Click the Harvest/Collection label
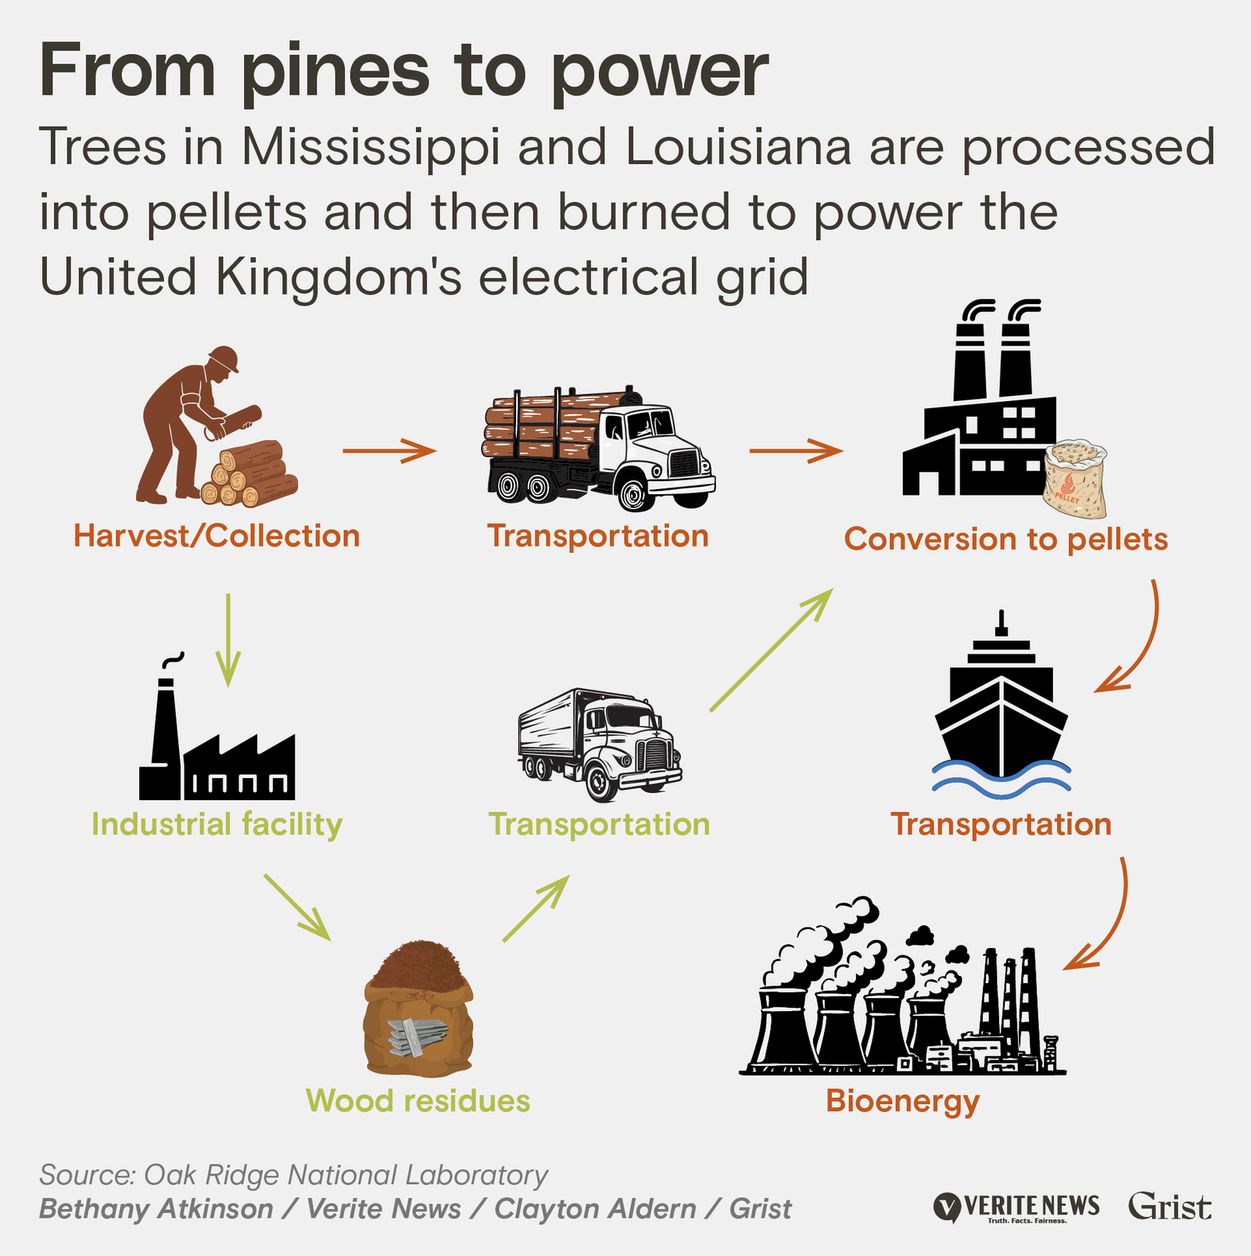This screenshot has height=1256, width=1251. point(217,536)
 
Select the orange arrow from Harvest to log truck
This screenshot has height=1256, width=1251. point(389,450)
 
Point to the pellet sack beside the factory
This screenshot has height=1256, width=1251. point(1076,480)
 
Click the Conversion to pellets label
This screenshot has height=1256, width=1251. point(1005,540)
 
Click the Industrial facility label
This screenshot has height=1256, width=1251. point(217,824)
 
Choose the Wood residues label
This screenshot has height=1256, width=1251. point(418,1101)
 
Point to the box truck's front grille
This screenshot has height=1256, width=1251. point(655,755)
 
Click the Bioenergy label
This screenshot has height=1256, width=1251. point(902,1101)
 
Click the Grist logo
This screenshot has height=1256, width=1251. point(1169,1206)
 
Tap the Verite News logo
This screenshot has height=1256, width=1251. point(1016,1207)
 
